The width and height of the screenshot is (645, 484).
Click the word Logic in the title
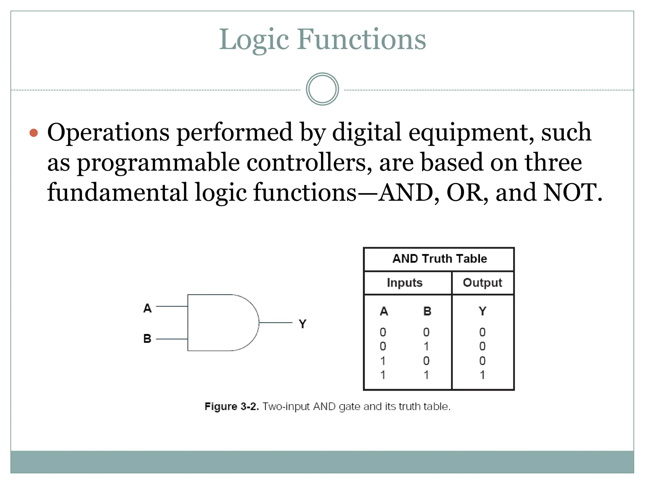(x=254, y=40)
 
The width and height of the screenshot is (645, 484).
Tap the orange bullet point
(x=34, y=133)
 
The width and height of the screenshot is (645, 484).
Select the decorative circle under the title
(x=322, y=89)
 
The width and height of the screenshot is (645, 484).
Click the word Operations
(x=108, y=133)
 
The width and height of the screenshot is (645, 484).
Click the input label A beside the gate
(x=147, y=308)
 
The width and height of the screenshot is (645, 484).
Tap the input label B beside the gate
(x=147, y=339)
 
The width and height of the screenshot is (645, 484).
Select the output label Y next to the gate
(x=302, y=324)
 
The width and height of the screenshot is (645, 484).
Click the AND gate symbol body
(x=220, y=323)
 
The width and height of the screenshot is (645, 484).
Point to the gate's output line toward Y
(x=275, y=322)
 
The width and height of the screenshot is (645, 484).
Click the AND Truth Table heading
(x=439, y=259)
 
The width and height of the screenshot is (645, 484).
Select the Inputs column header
(x=404, y=283)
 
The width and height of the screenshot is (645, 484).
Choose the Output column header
(x=482, y=283)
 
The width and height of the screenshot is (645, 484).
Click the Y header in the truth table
(x=482, y=311)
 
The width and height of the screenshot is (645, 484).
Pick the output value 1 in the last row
(x=482, y=375)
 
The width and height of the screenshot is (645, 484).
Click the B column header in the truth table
(x=427, y=311)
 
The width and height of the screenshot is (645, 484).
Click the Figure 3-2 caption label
(x=231, y=406)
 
